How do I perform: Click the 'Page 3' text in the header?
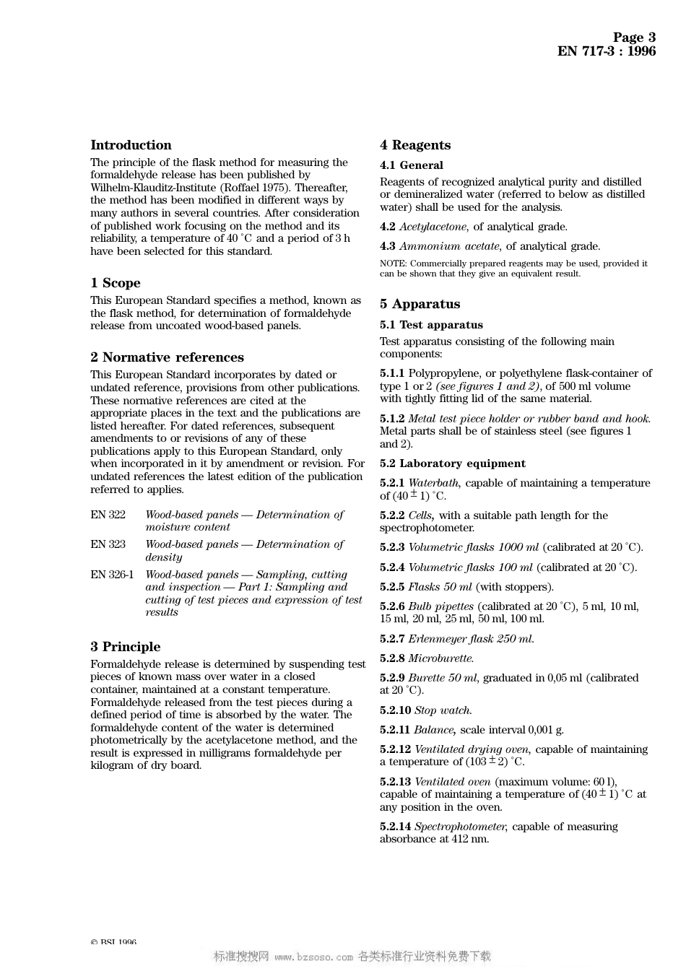click(x=634, y=38)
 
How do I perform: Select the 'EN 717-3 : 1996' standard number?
click(x=607, y=51)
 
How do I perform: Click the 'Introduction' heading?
click(x=131, y=145)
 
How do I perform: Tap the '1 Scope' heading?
click(x=116, y=283)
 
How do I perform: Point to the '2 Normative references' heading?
click(x=167, y=357)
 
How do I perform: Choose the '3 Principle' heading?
click(x=126, y=647)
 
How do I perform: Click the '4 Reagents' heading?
click(x=415, y=145)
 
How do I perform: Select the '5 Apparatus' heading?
click(x=420, y=304)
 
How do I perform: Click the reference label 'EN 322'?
click(x=108, y=515)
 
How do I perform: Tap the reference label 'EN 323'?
click(x=108, y=544)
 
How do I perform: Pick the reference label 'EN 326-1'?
click(x=112, y=575)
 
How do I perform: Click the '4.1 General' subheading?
click(x=412, y=165)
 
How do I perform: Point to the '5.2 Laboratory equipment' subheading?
click(x=453, y=463)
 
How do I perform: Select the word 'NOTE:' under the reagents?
click(x=393, y=264)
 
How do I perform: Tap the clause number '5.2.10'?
click(x=395, y=710)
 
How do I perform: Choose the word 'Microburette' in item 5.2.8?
click(x=440, y=658)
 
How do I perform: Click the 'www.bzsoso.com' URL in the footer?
click(x=313, y=957)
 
